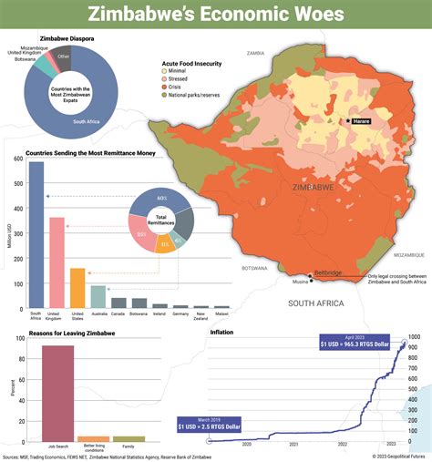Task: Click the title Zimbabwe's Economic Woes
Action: tap(216, 15)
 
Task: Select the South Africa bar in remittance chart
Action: tap(36, 237)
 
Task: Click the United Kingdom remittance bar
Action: tap(57, 264)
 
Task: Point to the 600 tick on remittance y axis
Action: tap(16, 159)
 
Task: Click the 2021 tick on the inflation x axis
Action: tap(294, 444)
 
